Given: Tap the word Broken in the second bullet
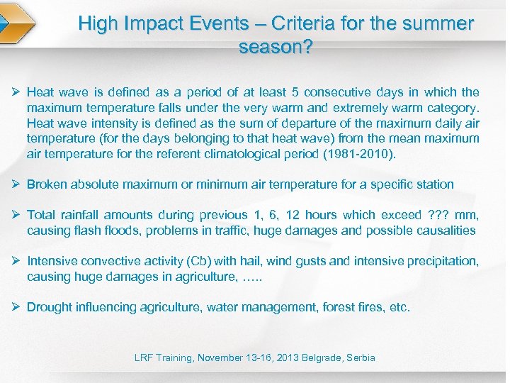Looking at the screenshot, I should click(47, 184).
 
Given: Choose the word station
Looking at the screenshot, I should click(432, 184).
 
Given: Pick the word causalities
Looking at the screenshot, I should click(440, 231).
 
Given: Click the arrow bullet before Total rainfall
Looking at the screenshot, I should click(16, 215).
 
